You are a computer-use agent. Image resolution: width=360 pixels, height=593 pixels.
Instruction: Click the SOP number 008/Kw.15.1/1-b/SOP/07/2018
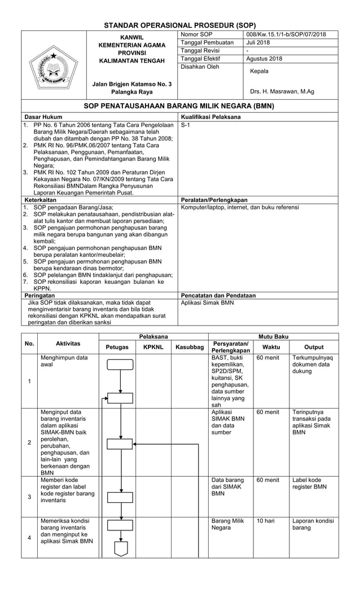[286, 35]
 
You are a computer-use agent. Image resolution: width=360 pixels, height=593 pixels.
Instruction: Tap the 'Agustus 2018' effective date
[265, 59]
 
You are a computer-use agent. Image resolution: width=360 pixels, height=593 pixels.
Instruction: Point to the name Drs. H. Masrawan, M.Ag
[282, 91]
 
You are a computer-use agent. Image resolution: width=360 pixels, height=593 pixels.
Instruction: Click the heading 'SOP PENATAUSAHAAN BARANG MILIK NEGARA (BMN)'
[179, 106]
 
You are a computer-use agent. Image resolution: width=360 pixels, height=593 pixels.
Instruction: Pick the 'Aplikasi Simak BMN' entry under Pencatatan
[207, 302]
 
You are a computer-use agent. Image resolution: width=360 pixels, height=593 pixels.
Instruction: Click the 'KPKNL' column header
[153, 347]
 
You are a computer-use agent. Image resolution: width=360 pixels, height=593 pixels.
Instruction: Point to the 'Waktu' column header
[271, 347]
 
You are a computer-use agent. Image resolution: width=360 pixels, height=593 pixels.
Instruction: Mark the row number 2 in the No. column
[30, 442]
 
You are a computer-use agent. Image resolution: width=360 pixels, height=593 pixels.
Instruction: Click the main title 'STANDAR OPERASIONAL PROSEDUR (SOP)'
[180, 25]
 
